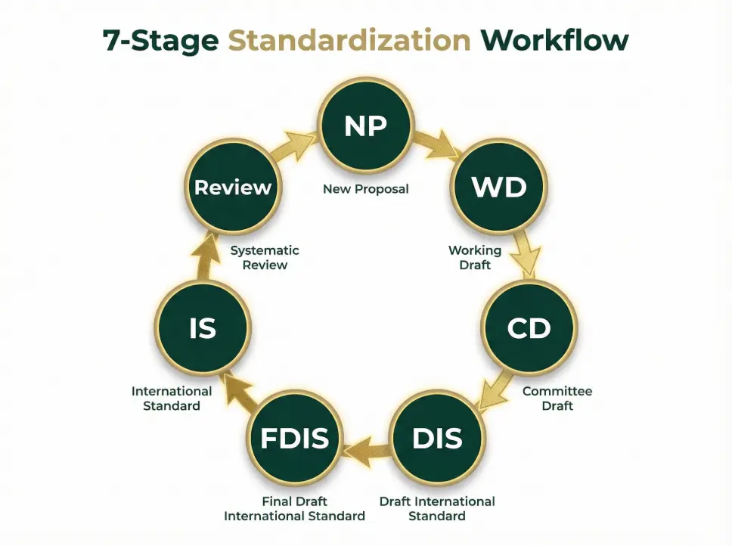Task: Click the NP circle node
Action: [x=366, y=126]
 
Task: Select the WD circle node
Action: [x=499, y=187]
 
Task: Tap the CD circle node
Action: [x=529, y=328]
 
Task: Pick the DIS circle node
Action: [x=437, y=437]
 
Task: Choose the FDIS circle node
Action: [x=295, y=437]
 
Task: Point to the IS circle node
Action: [x=203, y=328]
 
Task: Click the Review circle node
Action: [x=233, y=187]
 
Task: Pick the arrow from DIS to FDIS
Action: [x=366, y=448]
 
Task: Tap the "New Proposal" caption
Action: [x=366, y=189]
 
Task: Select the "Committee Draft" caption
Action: [x=557, y=399]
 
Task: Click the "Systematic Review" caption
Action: [x=265, y=257]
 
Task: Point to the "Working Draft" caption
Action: [x=475, y=257]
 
